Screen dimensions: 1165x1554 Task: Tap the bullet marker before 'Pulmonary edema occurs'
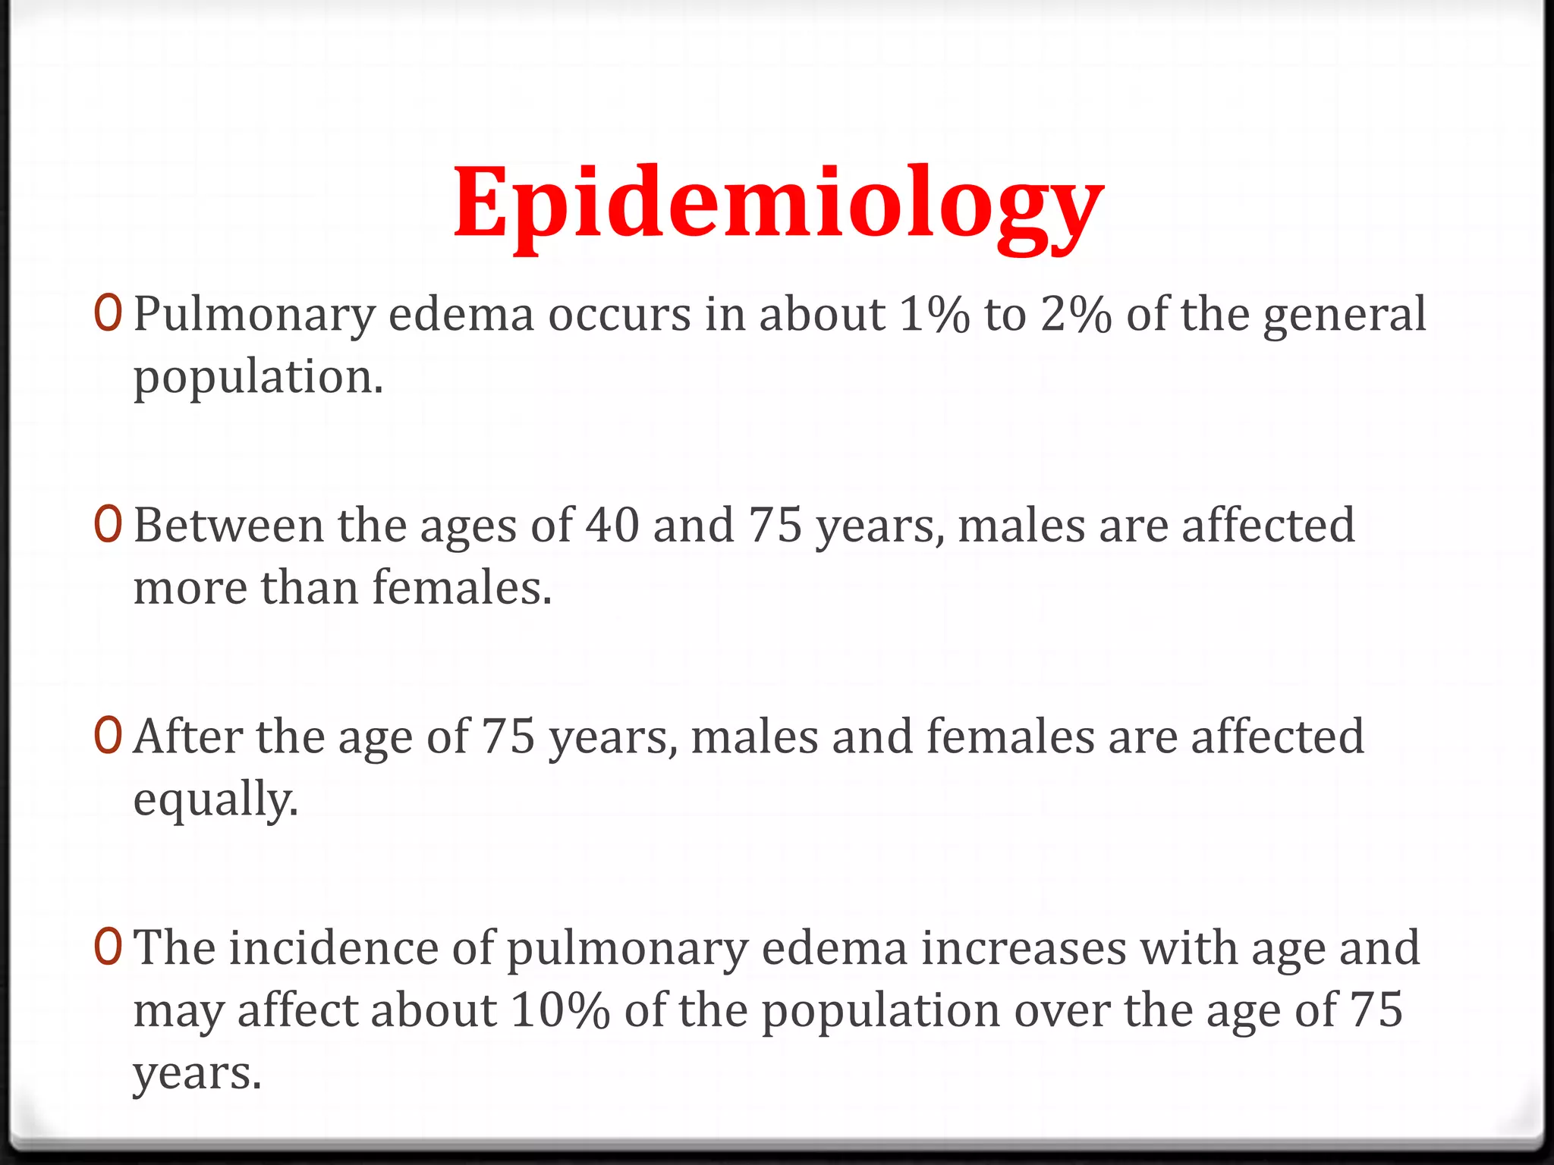[x=109, y=314]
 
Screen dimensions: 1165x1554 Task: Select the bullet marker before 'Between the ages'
[x=109, y=525]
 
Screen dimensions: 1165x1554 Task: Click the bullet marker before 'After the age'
[x=109, y=736]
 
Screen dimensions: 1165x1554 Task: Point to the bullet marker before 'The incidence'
[x=109, y=947]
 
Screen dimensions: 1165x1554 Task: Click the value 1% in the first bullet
[x=934, y=314]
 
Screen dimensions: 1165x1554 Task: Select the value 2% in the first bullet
[x=1076, y=314]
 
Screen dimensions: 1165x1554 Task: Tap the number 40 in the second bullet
[x=612, y=525]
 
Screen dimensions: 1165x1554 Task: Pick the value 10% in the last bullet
[x=560, y=1010]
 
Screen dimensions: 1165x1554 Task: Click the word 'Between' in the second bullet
[x=228, y=525]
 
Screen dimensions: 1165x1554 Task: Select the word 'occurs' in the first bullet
[x=619, y=316]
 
